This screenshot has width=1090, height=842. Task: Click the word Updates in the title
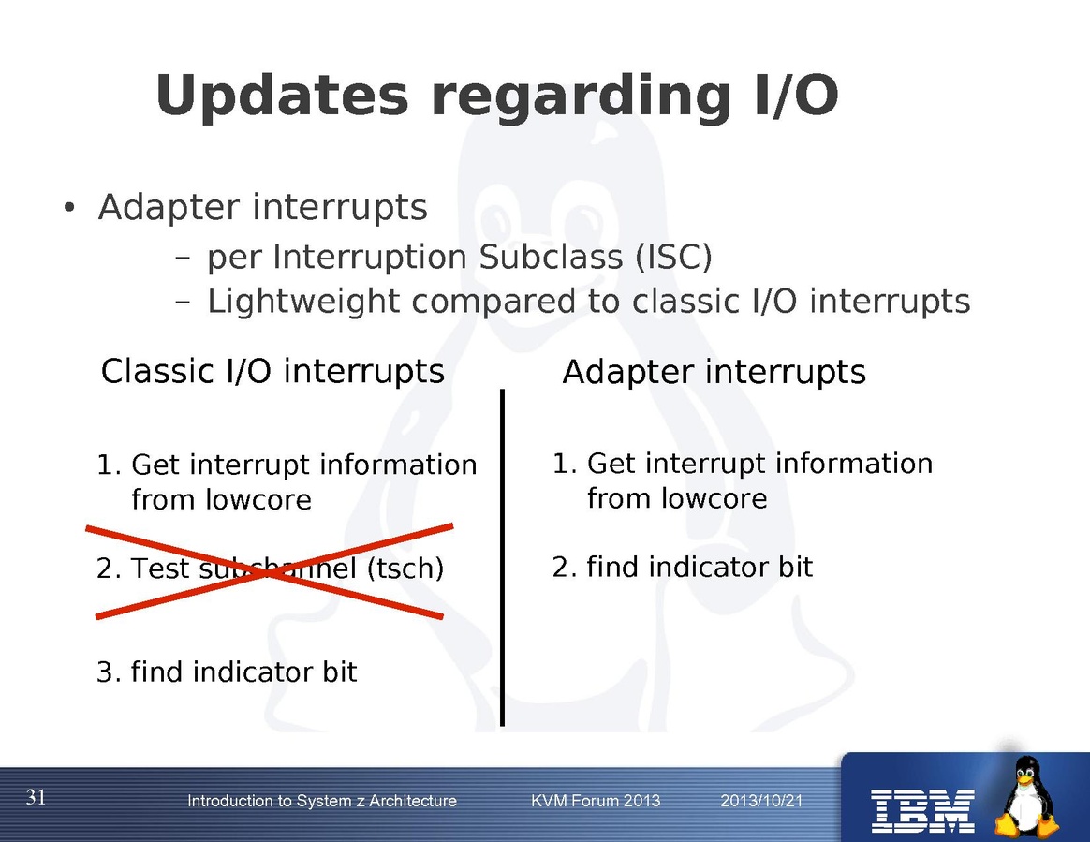[x=282, y=96]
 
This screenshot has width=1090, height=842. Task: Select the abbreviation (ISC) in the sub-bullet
[x=673, y=257]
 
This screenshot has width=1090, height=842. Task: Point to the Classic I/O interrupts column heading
[x=272, y=371]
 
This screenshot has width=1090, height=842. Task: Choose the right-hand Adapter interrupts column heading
[x=714, y=372]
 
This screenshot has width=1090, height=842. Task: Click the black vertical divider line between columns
[x=502, y=557]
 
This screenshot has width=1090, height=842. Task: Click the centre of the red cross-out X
[x=269, y=571]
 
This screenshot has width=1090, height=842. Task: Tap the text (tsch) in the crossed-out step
[x=405, y=569]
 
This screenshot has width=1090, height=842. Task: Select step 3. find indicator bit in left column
[x=227, y=672]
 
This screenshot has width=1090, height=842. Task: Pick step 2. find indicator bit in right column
[x=682, y=567]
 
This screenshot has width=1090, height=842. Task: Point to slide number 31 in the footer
[x=37, y=797]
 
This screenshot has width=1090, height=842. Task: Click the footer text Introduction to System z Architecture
[x=322, y=801]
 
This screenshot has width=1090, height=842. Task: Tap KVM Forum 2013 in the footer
[x=596, y=801]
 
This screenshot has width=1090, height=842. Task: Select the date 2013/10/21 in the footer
[x=761, y=801]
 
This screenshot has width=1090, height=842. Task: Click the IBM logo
[x=923, y=811]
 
